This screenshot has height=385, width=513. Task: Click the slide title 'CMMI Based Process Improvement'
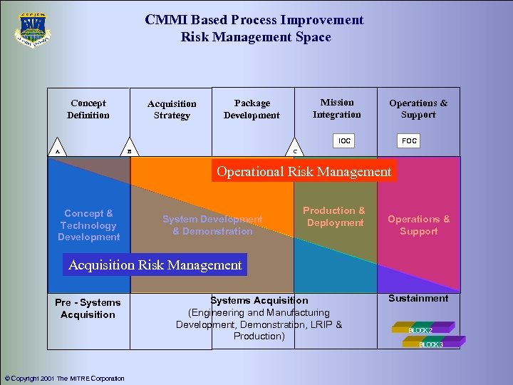click(x=254, y=20)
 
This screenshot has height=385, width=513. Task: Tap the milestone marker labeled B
click(x=129, y=151)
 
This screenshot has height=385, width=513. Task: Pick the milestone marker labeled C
click(x=296, y=151)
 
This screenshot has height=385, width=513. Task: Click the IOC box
click(x=344, y=141)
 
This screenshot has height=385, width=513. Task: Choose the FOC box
click(x=409, y=141)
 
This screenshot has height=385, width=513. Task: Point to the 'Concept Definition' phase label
click(x=88, y=109)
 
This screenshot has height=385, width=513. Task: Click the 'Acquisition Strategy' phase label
click(x=172, y=109)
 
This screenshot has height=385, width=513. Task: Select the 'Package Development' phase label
click(x=252, y=109)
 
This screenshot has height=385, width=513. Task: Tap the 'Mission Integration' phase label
click(x=337, y=108)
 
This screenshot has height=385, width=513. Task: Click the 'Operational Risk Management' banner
click(x=304, y=171)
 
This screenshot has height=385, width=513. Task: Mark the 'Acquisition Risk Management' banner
click(x=155, y=265)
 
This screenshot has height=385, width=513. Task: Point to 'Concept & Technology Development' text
click(x=89, y=225)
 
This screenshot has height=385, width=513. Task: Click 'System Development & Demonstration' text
click(x=212, y=225)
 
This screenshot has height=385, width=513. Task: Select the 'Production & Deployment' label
click(x=334, y=217)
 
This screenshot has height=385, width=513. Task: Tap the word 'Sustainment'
click(x=418, y=298)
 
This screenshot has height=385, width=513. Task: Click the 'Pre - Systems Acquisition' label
click(x=88, y=309)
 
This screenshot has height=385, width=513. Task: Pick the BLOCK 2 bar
click(x=423, y=329)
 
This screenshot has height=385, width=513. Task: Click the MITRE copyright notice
click(x=64, y=379)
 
